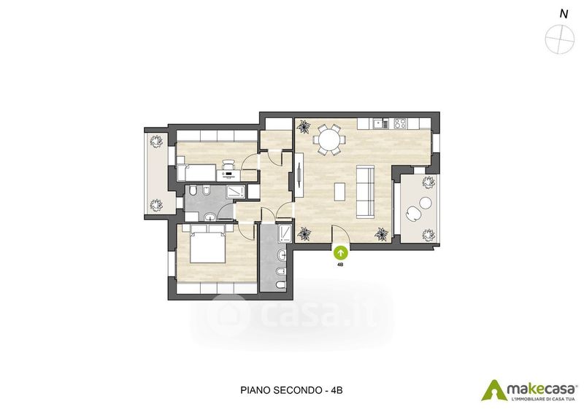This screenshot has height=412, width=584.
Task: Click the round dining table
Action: (329, 140)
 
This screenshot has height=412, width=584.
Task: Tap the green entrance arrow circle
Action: (340, 253)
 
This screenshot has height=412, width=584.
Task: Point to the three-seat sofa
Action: (366, 192)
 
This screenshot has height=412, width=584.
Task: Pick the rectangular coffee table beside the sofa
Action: (339, 192)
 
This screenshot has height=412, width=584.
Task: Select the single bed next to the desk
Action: (196, 173)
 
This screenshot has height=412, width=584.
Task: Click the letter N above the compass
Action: (564, 15)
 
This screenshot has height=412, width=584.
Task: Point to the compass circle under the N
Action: (558, 39)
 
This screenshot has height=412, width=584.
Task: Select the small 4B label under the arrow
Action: (339, 265)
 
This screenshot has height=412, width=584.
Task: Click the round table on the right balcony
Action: (425, 203)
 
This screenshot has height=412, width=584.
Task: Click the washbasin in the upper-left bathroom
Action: (210, 216)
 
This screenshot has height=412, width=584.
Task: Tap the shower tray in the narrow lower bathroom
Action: (285, 233)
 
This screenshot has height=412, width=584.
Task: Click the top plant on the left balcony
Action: (155, 141)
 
